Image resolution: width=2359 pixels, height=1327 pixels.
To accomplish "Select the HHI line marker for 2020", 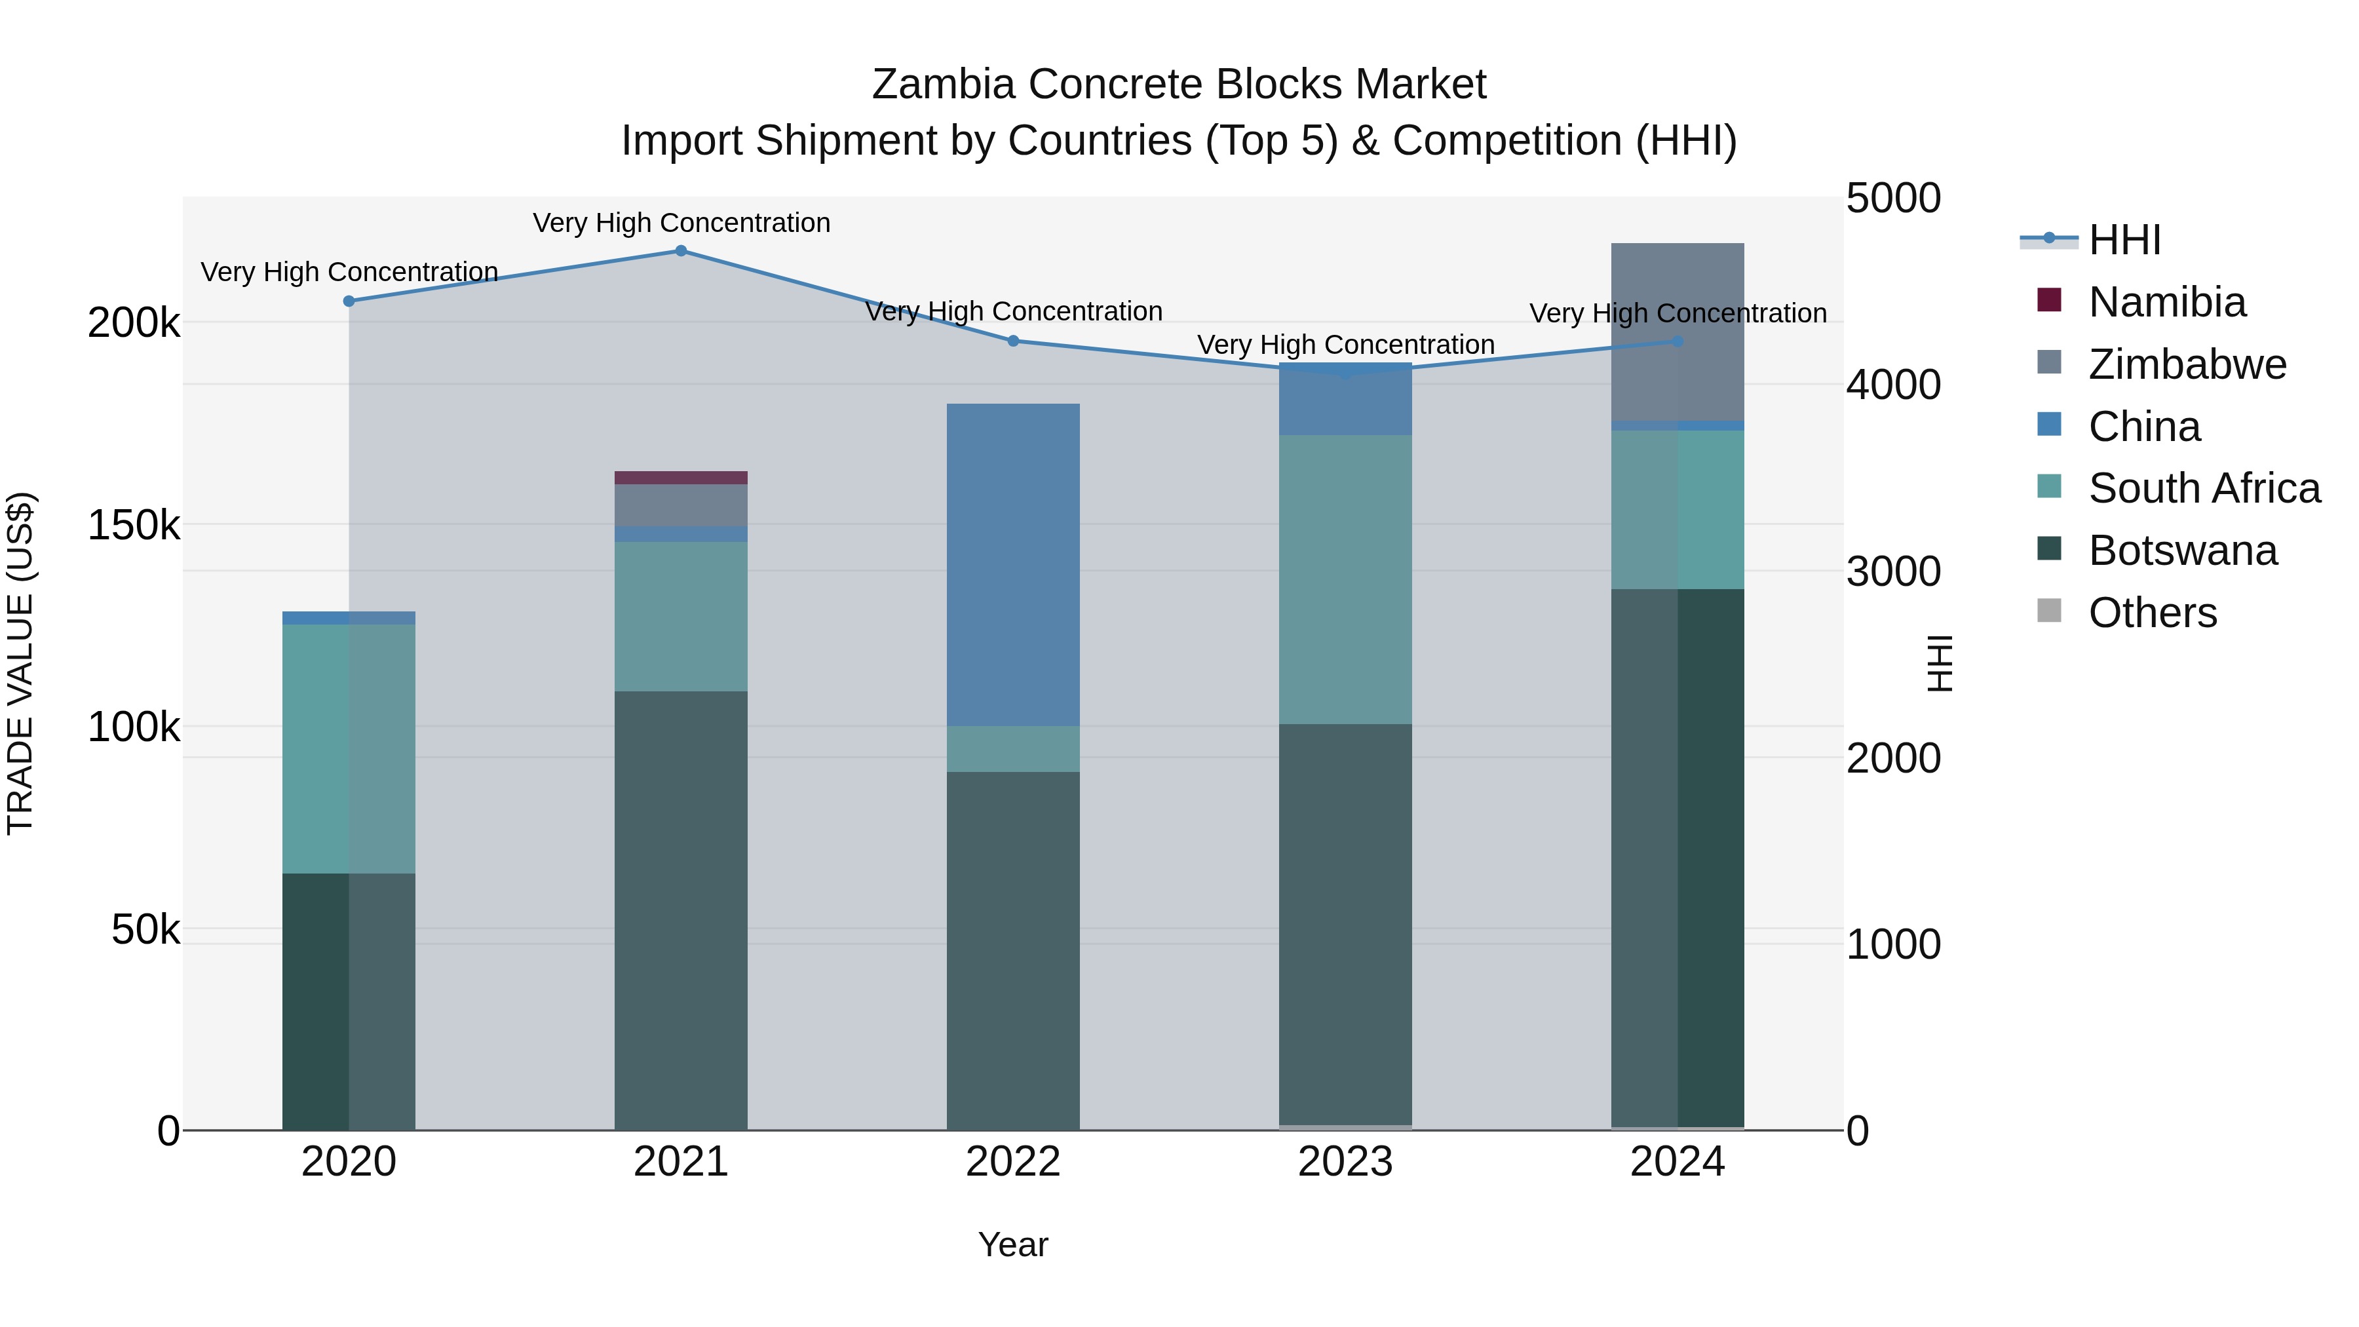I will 349,301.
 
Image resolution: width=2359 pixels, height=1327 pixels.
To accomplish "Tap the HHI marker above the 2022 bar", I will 1013,341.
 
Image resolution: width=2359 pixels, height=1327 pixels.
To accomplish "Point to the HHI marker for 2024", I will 1677,341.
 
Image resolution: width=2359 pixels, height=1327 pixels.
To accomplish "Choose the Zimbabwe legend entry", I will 2186,364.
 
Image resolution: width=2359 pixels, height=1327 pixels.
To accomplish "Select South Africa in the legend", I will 2203,488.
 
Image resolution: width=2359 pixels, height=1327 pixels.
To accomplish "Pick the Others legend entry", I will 2152,613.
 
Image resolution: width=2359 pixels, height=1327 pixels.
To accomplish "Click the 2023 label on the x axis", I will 1345,1162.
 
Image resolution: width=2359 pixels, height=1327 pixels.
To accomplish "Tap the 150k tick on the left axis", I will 134,526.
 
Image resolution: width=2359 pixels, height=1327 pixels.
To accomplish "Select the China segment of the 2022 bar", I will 1013,564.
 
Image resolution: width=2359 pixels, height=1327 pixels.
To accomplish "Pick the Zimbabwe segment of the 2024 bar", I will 1677,332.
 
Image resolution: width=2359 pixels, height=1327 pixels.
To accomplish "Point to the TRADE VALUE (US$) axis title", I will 20,663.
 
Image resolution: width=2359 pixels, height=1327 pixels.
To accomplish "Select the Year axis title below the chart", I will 1013,1244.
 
